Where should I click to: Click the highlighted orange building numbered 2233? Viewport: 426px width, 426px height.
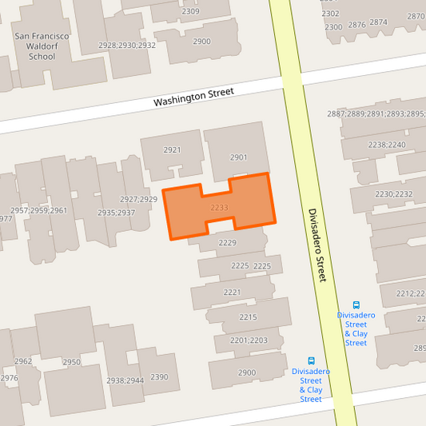coord(220,208)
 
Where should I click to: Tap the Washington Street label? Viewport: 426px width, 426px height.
coord(193,97)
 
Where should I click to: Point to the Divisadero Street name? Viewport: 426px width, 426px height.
coord(317,245)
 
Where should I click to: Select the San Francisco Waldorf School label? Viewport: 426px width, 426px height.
coord(42,46)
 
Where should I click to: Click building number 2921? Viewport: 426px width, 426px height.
coord(172,150)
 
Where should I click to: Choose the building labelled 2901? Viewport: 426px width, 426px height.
coord(238,157)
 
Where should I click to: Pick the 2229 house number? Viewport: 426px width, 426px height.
coord(228,242)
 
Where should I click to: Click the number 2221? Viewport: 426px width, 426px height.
coord(232,293)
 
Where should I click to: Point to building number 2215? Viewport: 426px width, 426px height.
coord(248,317)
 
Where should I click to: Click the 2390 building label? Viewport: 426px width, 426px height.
coord(159,376)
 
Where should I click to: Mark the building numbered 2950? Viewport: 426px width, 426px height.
coord(71,362)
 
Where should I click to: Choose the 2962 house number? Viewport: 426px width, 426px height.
coord(23,361)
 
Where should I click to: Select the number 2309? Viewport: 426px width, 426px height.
coord(190,12)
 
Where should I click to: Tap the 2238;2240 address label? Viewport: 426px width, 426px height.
coord(386,145)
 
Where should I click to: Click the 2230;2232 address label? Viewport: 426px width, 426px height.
coord(393,194)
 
